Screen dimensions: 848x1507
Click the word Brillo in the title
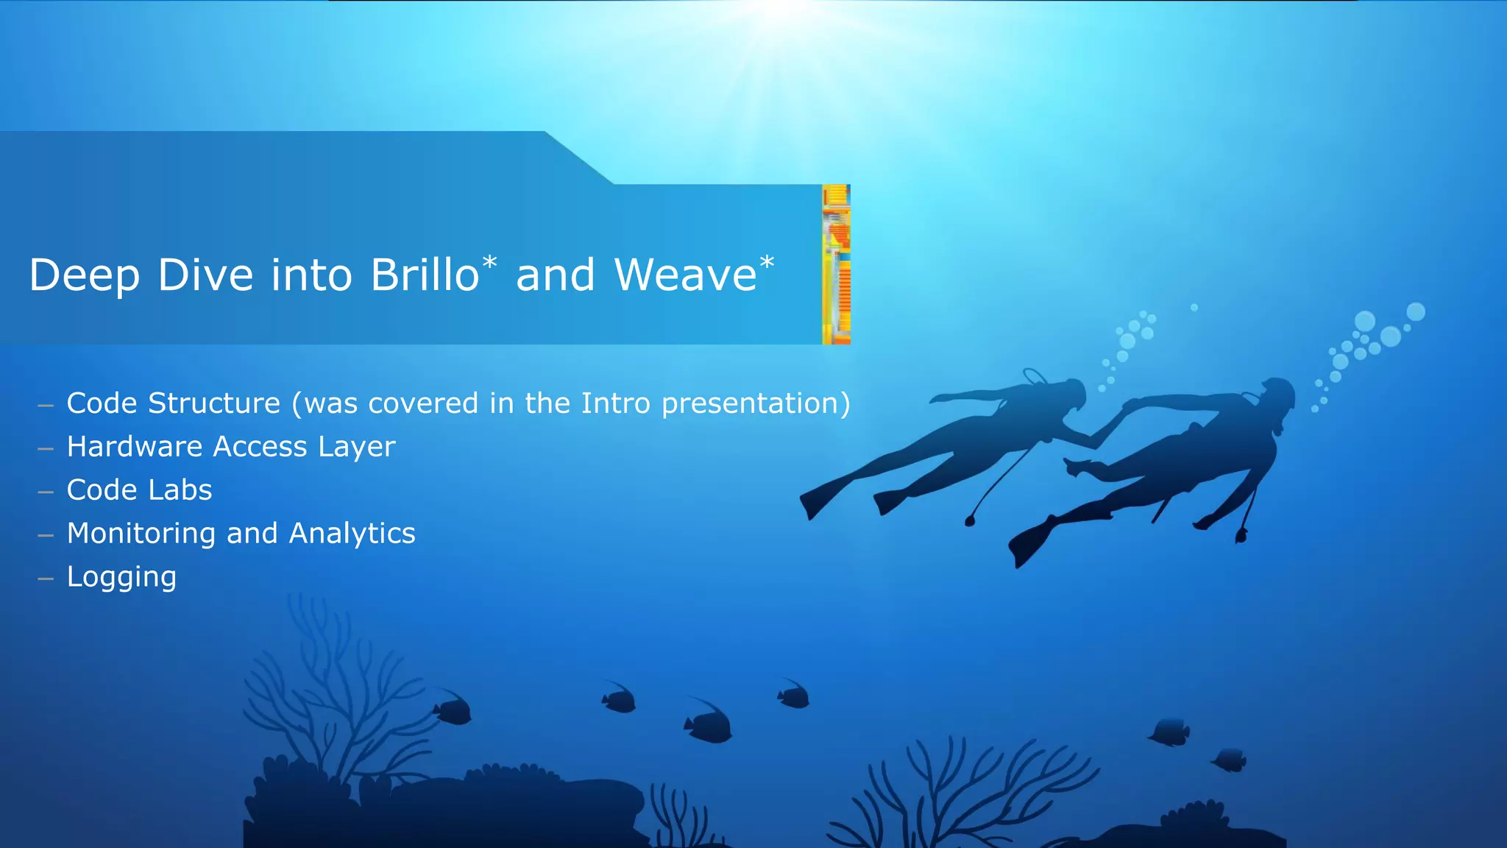point(425,275)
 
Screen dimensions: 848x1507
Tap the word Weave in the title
point(685,275)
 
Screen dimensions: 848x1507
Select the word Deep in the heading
point(84,275)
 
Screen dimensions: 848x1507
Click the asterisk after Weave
point(767,262)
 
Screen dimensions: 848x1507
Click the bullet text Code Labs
point(139,490)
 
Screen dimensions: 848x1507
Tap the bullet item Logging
point(121,577)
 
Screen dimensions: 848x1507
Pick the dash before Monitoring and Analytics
point(46,535)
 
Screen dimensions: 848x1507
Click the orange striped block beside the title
point(836,264)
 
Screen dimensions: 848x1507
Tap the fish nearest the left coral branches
point(453,710)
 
